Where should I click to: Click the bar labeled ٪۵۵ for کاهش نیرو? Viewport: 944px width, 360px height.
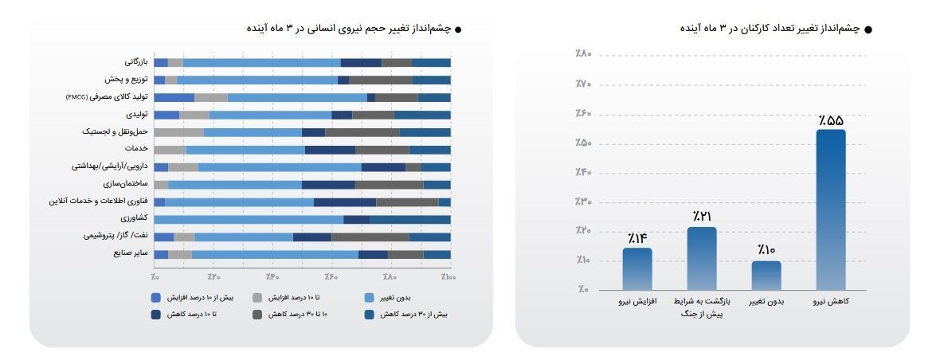[x=831, y=209]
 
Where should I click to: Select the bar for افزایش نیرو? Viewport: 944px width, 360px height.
[x=637, y=269]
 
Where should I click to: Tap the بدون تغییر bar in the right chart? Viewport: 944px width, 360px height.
[x=766, y=276]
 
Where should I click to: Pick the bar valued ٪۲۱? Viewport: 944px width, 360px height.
[x=702, y=259]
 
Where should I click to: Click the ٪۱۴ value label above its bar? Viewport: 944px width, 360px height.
[x=637, y=238]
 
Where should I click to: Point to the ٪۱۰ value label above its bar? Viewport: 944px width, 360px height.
[x=766, y=250]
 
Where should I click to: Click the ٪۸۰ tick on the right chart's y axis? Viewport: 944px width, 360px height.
[x=583, y=54]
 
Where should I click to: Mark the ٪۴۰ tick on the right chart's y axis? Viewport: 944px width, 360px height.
[x=583, y=172]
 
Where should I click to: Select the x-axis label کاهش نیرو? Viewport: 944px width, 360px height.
[x=831, y=303]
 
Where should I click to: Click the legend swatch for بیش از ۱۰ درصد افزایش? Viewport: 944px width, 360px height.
[x=156, y=298]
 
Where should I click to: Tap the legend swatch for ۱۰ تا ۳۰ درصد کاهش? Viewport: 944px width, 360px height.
[x=257, y=315]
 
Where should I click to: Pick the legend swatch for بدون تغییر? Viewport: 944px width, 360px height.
[x=369, y=298]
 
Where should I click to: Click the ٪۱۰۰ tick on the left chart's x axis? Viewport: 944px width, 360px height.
[x=448, y=277]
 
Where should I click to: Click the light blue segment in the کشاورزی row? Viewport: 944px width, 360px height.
[x=249, y=219]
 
